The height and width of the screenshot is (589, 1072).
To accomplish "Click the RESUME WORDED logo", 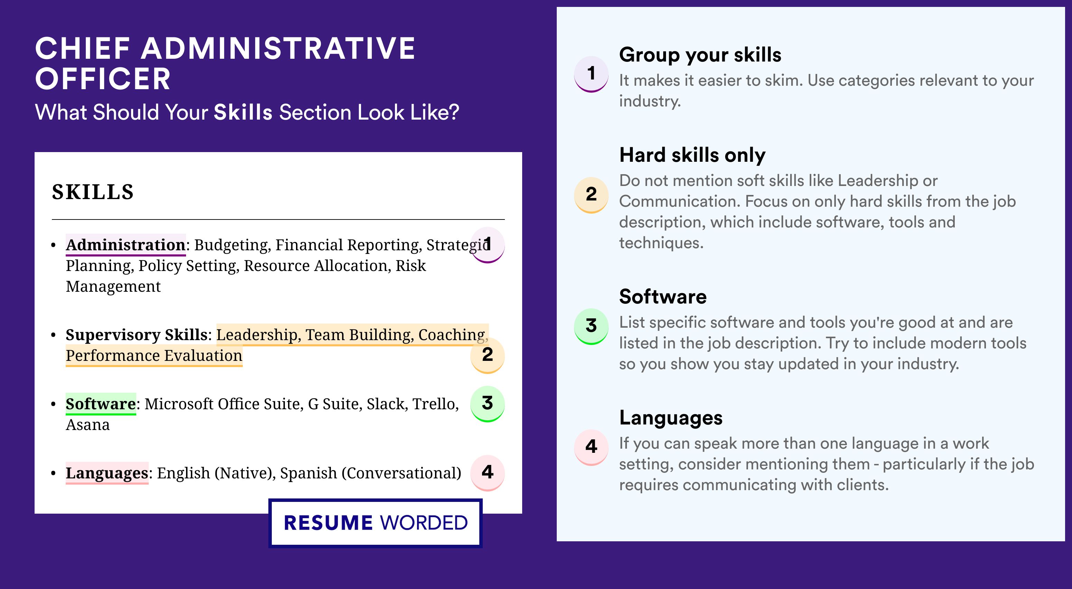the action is point(375,523).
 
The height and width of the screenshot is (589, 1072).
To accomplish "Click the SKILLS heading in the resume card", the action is point(93,192).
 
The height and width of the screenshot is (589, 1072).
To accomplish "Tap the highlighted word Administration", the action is point(126,245).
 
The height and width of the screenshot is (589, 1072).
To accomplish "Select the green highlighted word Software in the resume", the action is point(101,403).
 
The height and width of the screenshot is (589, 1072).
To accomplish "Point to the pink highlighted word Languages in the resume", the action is point(107,473).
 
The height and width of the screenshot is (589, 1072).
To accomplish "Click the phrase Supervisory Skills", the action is point(137,335).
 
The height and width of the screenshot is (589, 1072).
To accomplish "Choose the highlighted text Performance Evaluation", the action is point(154,356).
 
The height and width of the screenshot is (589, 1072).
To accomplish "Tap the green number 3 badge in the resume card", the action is point(487,404).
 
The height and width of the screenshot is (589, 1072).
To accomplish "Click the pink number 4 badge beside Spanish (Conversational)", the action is point(487,473).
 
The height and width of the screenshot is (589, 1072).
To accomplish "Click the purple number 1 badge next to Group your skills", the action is point(591,74).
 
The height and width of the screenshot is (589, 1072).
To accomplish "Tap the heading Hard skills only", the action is point(692,155).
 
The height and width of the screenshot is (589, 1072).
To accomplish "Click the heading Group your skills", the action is point(700,55).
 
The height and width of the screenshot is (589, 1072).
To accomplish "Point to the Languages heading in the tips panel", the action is point(671,418).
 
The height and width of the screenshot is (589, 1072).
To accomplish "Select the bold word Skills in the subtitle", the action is point(243,112).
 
